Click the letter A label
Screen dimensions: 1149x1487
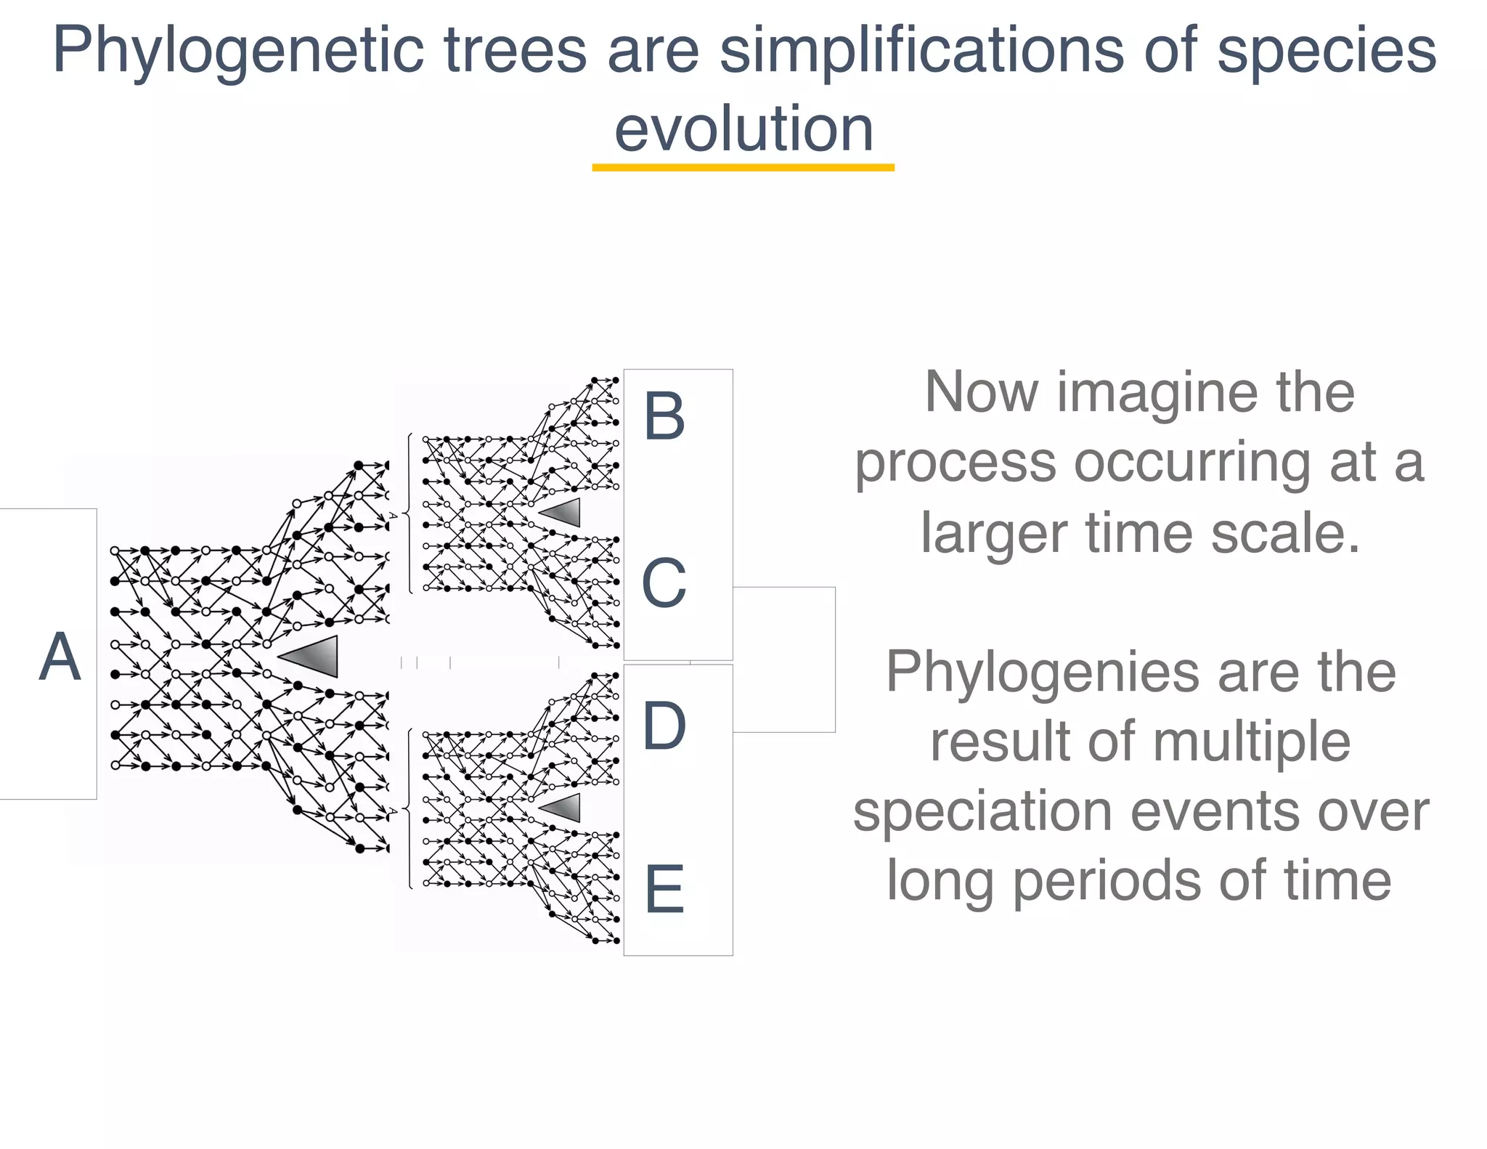click(60, 657)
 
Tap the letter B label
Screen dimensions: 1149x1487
click(664, 416)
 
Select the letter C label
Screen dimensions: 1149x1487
click(664, 583)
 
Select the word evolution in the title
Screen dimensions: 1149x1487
click(743, 129)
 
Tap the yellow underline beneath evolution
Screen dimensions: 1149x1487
click(743, 168)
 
